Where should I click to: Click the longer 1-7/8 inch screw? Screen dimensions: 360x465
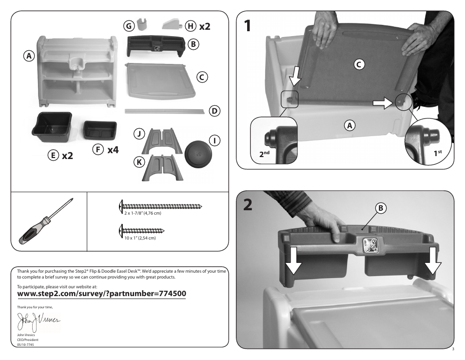pos(161,207)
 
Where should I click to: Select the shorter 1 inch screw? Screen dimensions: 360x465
pos(142,230)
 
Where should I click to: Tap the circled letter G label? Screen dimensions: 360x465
pos(128,25)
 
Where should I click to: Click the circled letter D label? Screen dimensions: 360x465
pos(213,111)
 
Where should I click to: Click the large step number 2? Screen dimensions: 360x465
pos(249,205)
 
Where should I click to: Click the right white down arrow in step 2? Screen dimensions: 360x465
pos(431,262)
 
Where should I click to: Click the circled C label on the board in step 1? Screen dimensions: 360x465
pos(359,63)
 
